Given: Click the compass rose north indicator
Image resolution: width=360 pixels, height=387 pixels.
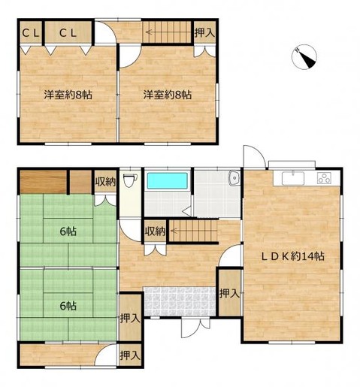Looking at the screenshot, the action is point(304,57).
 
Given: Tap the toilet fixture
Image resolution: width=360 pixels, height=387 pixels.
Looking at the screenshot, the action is point(130,180).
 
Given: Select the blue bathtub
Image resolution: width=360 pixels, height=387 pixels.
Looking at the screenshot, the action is point(168,180).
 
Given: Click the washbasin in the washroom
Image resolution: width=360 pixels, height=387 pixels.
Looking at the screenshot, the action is point(234,178).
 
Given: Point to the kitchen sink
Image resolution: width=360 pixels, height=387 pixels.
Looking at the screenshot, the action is point(293,178).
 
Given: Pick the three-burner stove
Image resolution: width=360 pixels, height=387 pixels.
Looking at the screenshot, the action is point(324,178).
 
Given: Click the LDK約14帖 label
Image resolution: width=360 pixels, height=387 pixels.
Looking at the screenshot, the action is point(293,256).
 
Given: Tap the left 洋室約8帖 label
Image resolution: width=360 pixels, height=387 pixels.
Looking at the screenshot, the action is point(68,95).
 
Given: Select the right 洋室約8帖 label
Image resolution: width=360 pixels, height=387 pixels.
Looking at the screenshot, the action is point(168,95).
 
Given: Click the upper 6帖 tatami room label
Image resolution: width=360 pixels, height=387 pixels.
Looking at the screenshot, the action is point(68,231).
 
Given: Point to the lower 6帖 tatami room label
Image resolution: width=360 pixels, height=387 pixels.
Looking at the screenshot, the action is point(68,306).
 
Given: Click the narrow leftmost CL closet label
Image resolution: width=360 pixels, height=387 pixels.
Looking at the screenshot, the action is point(31,33).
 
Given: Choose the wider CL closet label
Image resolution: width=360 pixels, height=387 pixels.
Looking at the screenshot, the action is point(68,33).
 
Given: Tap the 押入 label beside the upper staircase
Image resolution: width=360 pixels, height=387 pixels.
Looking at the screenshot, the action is point(205,33).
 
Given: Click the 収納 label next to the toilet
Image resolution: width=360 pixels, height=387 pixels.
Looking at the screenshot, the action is point(105,182).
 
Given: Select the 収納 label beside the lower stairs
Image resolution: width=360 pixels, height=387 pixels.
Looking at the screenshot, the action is point(156,231).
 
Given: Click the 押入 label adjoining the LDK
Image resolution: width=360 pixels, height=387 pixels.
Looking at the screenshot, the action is point(230,293).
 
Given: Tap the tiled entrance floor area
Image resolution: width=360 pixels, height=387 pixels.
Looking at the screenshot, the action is point(180,301).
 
